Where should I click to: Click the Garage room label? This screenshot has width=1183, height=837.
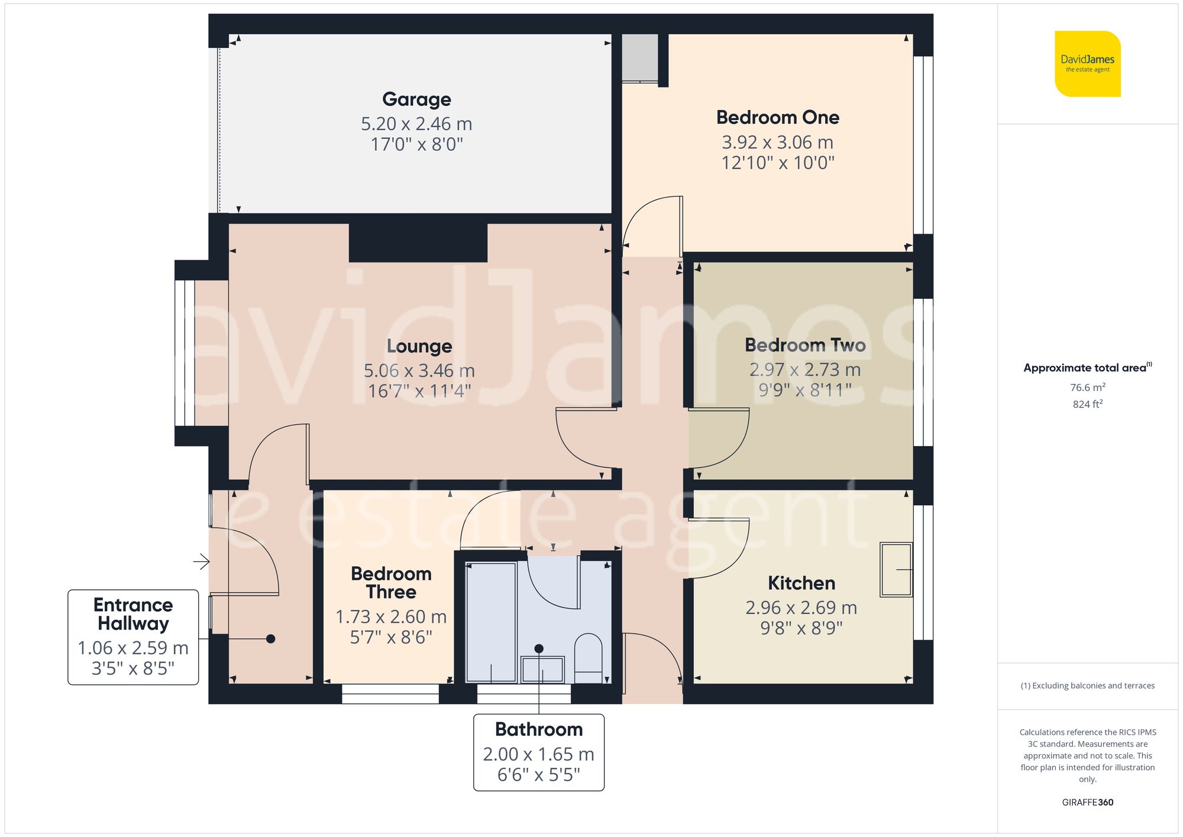pos(416,99)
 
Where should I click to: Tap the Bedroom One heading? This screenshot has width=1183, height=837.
pos(777,117)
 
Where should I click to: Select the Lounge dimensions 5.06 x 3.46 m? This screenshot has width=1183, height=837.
pos(419,371)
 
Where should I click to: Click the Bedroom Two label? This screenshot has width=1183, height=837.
pos(804,345)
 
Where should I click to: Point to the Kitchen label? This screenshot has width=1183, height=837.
pos(801,583)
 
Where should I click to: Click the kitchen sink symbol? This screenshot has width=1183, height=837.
pos(896,569)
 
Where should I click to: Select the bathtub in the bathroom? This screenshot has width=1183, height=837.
pos(491,622)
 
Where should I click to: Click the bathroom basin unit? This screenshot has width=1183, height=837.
pos(542,668)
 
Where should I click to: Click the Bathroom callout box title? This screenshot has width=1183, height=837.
pos(538,729)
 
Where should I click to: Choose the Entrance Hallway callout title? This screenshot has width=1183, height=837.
pos(133,614)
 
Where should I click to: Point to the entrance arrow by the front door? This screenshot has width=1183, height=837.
pos(201,561)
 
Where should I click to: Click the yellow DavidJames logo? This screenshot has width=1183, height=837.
pos(1087,64)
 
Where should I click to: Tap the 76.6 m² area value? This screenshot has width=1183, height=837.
pos(1087,387)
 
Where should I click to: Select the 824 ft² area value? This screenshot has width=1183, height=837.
pos(1087,404)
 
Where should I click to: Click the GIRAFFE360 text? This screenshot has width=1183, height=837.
pos(1087,802)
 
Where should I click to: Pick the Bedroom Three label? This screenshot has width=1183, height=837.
pos(391,583)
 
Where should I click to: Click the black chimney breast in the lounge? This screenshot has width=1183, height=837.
pos(418,243)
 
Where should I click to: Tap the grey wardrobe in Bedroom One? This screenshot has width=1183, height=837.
pos(639,57)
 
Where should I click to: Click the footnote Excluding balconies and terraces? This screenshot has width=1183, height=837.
pos(1087,686)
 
